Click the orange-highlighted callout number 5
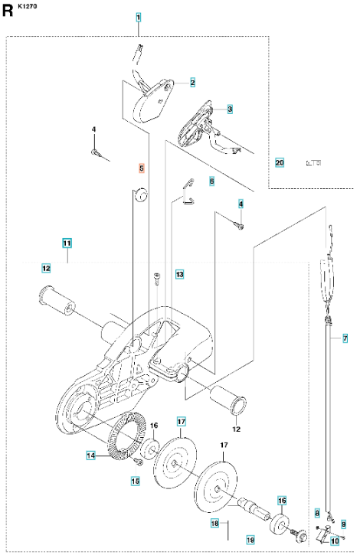[x=142, y=168]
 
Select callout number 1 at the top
[x=139, y=17]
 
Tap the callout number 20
[x=280, y=163]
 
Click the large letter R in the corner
[x=7, y=11]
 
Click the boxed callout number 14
[x=91, y=455]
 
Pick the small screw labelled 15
[x=137, y=461]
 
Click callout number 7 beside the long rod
[x=345, y=338]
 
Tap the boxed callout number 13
[x=180, y=274]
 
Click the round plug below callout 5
[x=141, y=194]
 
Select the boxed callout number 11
[x=67, y=243]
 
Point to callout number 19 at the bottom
[x=250, y=540]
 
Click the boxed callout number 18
[x=214, y=523]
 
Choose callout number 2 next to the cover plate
[x=192, y=83]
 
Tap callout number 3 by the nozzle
[x=230, y=109]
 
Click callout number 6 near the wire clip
[x=212, y=181]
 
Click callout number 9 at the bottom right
[x=343, y=524]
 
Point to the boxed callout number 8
[x=317, y=513]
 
